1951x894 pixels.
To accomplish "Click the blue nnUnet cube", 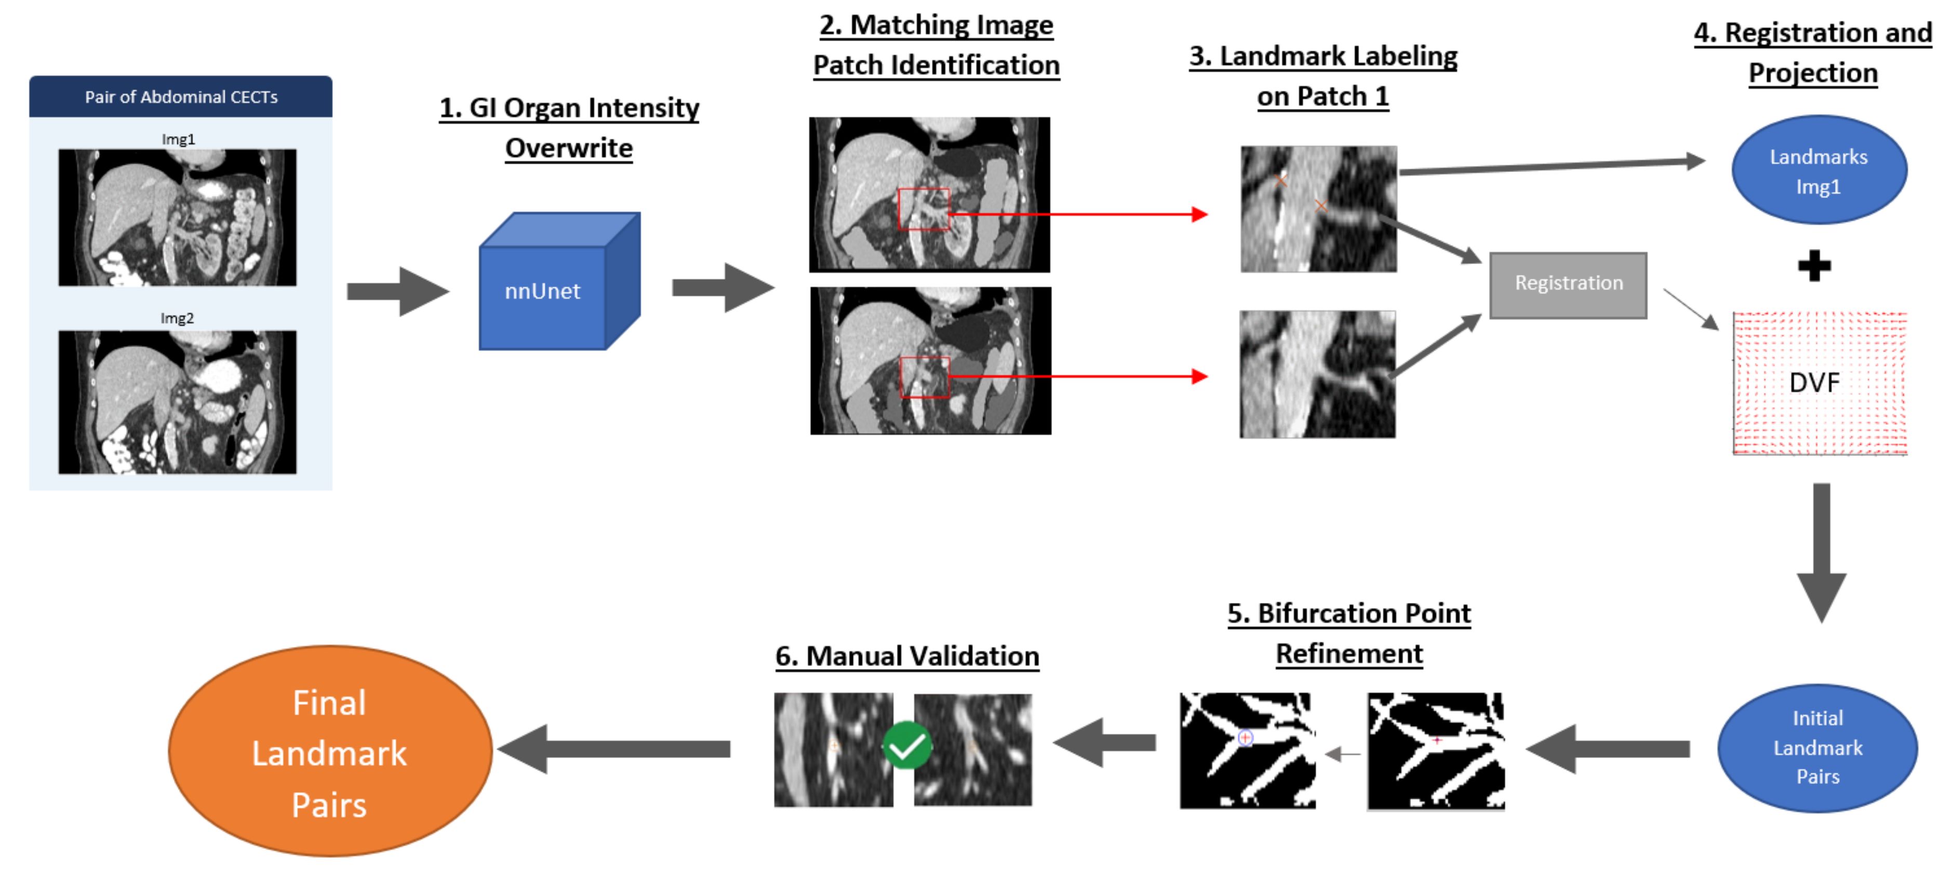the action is pos(560,281).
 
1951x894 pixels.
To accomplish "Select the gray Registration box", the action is pos(1568,285).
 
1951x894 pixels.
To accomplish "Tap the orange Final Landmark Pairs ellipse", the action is pos(330,751).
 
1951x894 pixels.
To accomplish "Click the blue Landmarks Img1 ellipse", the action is pos(1819,170).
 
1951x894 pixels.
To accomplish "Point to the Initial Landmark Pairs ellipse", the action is pos(1817,748).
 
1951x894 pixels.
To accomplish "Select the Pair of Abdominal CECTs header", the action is pos(181,96).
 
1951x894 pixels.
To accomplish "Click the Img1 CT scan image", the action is pos(177,217).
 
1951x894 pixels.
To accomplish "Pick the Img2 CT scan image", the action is pos(177,402).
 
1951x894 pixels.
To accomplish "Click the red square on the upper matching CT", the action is pos(923,209).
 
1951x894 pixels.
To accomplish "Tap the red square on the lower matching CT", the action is pos(925,377).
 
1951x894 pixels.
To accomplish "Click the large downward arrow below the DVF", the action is pos(1822,553).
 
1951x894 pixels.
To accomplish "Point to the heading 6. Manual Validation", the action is pos(907,656).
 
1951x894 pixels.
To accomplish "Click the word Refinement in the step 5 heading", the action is pos(1349,653).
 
